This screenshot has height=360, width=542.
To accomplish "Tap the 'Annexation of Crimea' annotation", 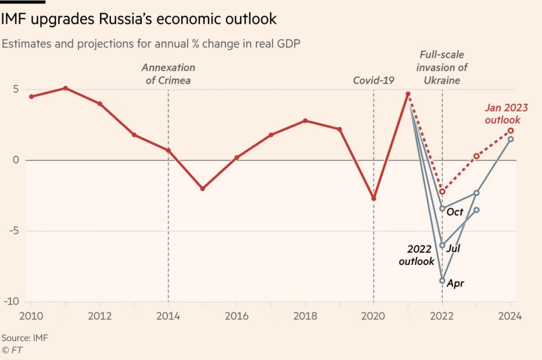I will [x=168, y=74].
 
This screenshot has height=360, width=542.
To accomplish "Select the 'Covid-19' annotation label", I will [x=373, y=80].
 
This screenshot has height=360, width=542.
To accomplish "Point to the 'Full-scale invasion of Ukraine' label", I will [x=442, y=67].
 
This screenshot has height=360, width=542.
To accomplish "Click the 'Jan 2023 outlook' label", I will [x=503, y=114].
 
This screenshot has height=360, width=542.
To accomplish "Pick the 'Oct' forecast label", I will [x=455, y=212].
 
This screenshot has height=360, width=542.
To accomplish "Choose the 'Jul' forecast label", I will [x=453, y=248].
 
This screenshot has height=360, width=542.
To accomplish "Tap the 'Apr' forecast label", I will [x=455, y=283].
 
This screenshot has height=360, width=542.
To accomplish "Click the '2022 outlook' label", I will [x=417, y=255].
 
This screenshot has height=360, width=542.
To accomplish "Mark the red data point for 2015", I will [x=202, y=188].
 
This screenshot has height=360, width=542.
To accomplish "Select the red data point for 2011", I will [x=66, y=88].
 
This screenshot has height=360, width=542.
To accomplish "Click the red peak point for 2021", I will [x=408, y=94].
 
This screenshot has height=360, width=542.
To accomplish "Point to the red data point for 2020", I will [x=373, y=198].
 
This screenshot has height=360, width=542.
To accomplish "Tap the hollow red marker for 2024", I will [x=511, y=130].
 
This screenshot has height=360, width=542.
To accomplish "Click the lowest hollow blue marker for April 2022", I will [x=442, y=280].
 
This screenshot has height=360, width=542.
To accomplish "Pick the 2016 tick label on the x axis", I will [x=236, y=316].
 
